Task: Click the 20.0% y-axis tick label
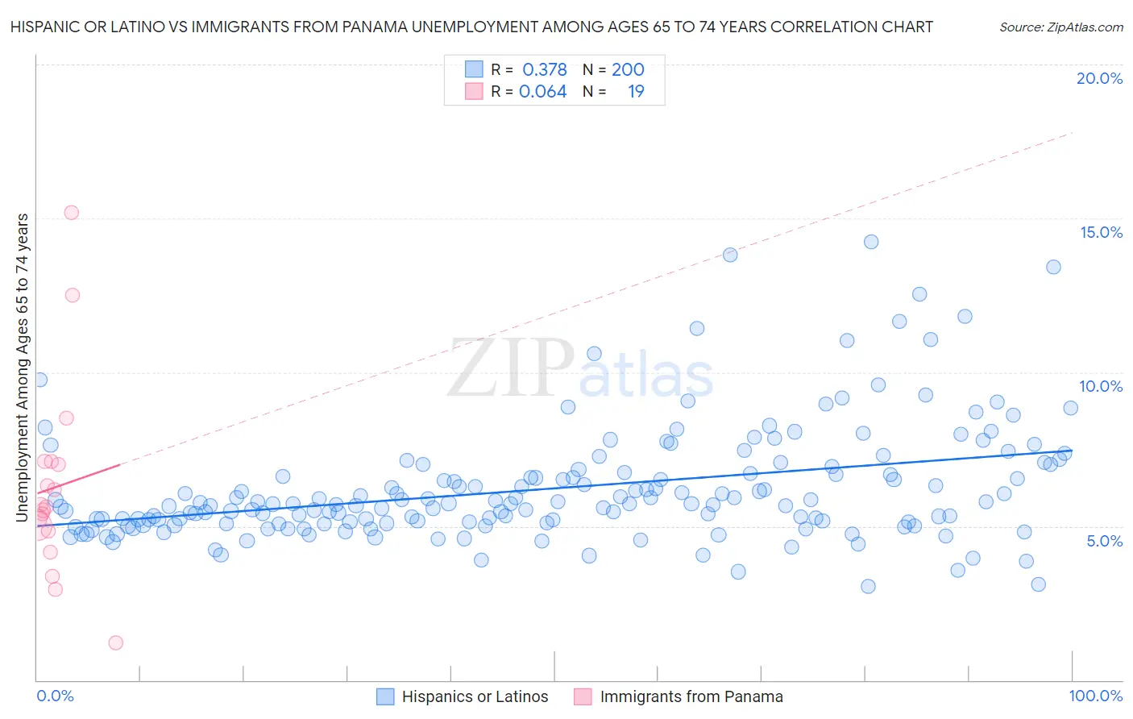tap(1099, 78)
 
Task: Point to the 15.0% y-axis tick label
tap(1101, 232)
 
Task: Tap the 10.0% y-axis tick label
tap(1101, 386)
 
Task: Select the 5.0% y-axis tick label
tap(1104, 541)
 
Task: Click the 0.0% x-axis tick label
tap(55, 696)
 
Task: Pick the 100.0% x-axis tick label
tap(1095, 696)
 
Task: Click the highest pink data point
tap(71, 213)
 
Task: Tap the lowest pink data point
tap(115, 642)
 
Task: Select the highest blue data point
tap(870, 242)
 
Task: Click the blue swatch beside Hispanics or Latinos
tap(385, 696)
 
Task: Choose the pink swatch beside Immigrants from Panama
tap(583, 696)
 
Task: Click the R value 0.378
tap(545, 70)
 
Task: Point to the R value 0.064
tap(543, 92)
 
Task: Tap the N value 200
tap(628, 70)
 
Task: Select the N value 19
tap(636, 92)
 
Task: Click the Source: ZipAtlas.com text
tap(1060, 27)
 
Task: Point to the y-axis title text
tap(23, 367)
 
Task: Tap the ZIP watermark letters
tap(510, 369)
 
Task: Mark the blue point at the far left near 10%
tap(39, 380)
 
